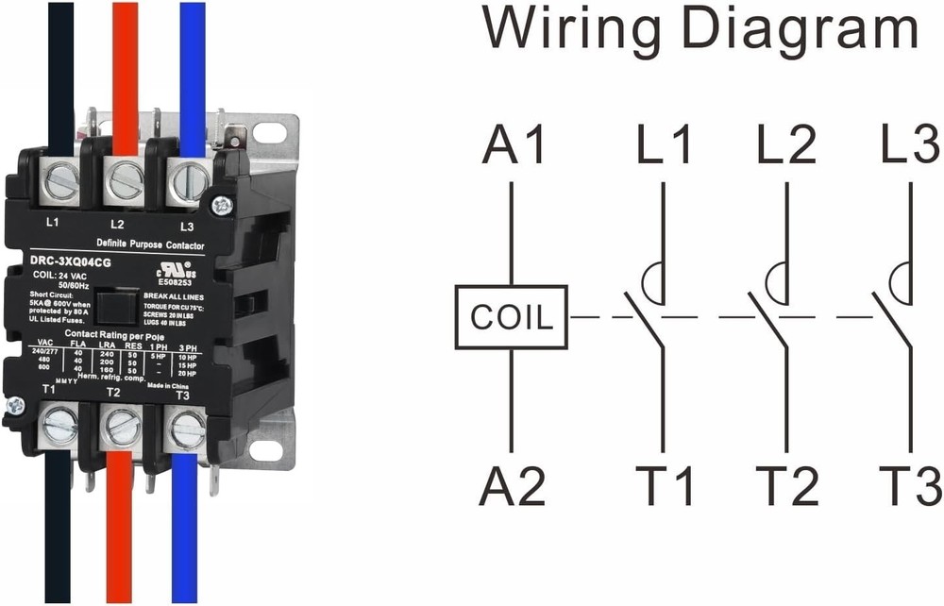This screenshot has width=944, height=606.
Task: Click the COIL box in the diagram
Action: pyautogui.click(x=511, y=317)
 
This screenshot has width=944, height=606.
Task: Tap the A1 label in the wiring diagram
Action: pyautogui.click(x=514, y=146)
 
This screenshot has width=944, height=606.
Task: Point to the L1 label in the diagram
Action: pyautogui.click(x=664, y=146)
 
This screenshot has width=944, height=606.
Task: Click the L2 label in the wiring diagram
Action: pyautogui.click(x=786, y=146)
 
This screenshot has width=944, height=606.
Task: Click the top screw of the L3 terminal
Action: pyautogui.click(x=186, y=178)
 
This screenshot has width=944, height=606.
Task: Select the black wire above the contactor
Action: pyautogui.click(x=59, y=66)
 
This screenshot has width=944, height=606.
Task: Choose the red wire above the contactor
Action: pyautogui.click(x=126, y=66)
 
